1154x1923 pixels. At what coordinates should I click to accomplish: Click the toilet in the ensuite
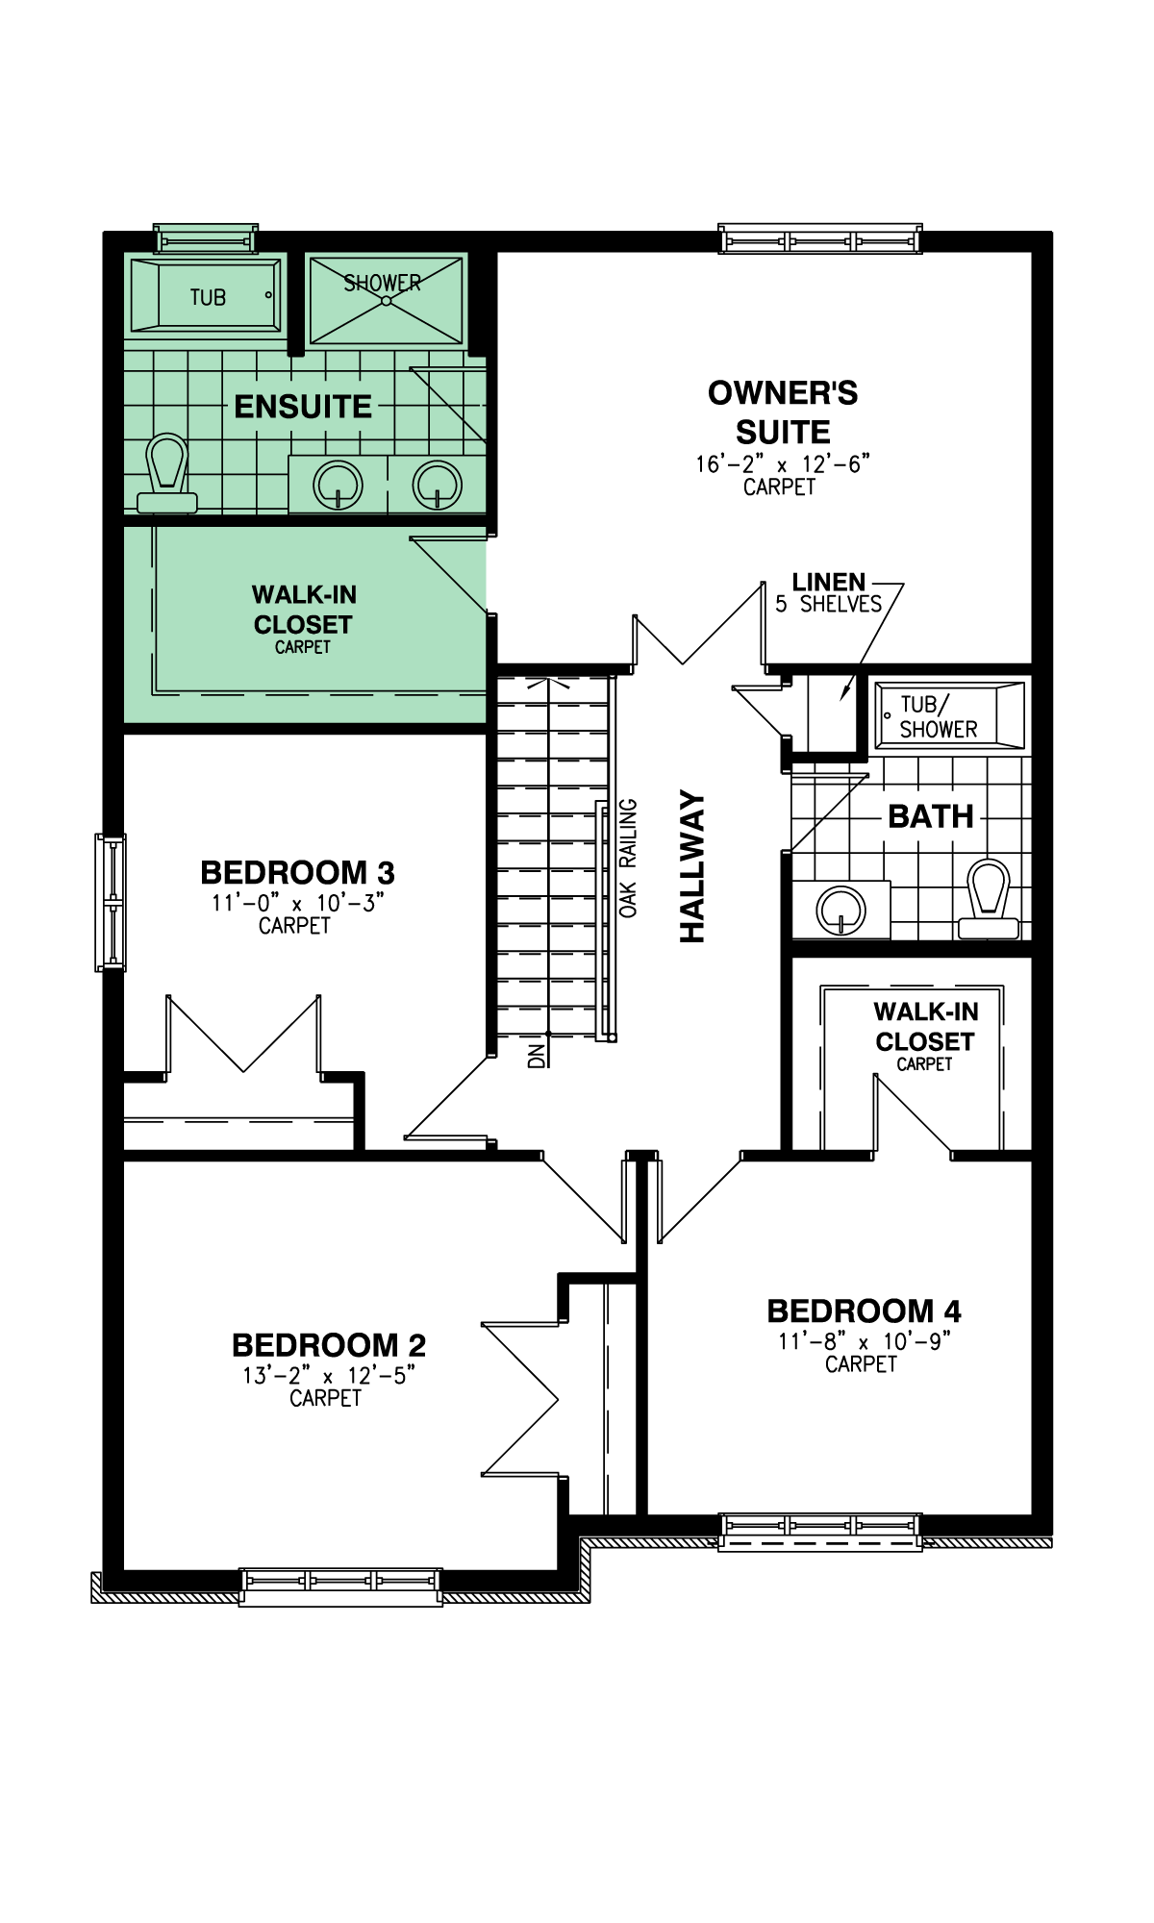pyautogui.click(x=167, y=473)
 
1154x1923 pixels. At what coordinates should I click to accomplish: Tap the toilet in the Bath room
pyautogui.click(x=989, y=899)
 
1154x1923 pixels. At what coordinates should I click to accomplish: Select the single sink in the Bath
pyautogui.click(x=841, y=909)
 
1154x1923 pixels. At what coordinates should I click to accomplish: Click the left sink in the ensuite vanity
pyautogui.click(x=339, y=485)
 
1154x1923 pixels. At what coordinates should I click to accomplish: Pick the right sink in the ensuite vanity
pyautogui.click(x=438, y=485)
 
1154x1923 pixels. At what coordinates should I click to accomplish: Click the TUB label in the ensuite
pyautogui.click(x=208, y=297)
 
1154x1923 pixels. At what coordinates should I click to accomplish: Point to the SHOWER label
pyautogui.click(x=383, y=283)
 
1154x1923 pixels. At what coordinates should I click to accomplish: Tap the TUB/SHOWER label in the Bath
pyautogui.click(x=938, y=717)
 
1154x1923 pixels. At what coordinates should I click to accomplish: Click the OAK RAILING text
pyautogui.click(x=628, y=858)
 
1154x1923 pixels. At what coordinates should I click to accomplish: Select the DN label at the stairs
pyautogui.click(x=537, y=1055)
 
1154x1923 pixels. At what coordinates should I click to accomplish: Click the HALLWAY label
pyautogui.click(x=692, y=866)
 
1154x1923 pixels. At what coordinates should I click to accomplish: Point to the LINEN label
pyautogui.click(x=829, y=582)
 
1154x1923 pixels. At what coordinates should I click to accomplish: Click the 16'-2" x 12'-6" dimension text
pyautogui.click(x=783, y=463)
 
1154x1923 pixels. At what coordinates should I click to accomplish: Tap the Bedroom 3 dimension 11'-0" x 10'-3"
pyautogui.click(x=298, y=903)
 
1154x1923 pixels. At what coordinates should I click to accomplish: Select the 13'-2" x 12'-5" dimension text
pyautogui.click(x=329, y=1375)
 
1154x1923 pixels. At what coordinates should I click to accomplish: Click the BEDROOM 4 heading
pyautogui.click(x=864, y=1311)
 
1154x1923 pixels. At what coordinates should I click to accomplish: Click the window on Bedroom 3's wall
pyautogui.click(x=111, y=902)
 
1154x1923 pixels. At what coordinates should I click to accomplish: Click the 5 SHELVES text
pyautogui.click(x=828, y=604)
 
